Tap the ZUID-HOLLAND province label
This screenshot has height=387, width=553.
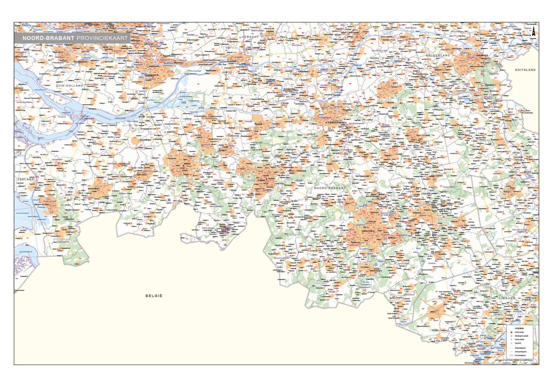(69, 86)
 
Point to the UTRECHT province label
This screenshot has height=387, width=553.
(250, 37)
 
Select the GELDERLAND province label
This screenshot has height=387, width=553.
(438, 55)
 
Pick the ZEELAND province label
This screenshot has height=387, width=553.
(26, 179)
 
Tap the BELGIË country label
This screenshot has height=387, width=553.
(154, 296)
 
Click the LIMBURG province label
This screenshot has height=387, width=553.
(507, 298)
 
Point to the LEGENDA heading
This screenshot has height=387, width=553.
(519, 328)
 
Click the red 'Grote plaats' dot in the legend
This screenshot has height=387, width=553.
(511, 332)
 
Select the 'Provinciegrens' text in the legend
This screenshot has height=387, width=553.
(520, 355)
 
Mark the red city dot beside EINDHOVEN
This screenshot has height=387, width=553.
(374, 231)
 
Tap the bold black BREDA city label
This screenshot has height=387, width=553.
(187, 164)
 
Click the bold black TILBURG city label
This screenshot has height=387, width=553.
(261, 180)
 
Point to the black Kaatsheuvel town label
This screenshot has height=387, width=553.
(246, 136)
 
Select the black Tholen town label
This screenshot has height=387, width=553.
(37, 188)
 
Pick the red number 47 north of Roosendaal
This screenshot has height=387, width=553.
(104, 172)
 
